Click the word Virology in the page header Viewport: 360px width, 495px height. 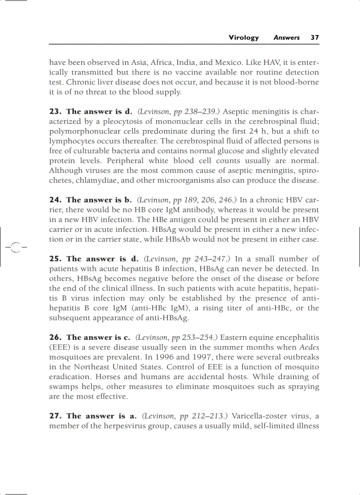244,37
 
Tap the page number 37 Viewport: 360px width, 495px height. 315,37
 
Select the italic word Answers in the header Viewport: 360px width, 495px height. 286,37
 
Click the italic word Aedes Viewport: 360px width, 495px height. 309,347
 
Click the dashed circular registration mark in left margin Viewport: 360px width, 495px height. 15,248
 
